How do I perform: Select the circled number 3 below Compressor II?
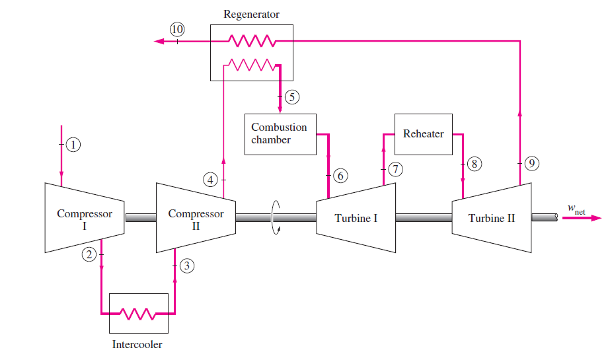coord(188,266)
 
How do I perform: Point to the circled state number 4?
coord(210,180)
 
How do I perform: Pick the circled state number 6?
coord(340,176)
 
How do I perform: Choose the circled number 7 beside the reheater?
coord(395,169)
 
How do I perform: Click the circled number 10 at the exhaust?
coord(177,28)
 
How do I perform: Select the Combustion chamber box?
coord(280,134)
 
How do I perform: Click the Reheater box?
coord(423,133)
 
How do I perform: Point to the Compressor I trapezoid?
coord(85,218)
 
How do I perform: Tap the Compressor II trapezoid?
coord(196,218)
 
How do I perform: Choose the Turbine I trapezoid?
coord(356,218)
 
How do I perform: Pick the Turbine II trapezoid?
coord(492,218)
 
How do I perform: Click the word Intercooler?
coord(137,344)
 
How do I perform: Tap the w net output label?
coord(576,209)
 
